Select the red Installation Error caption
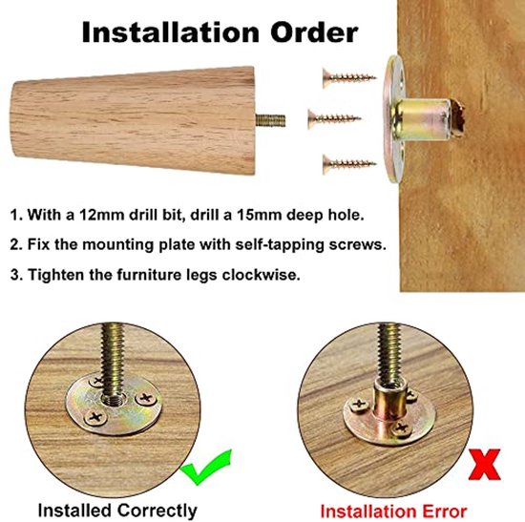coord(392,511)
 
